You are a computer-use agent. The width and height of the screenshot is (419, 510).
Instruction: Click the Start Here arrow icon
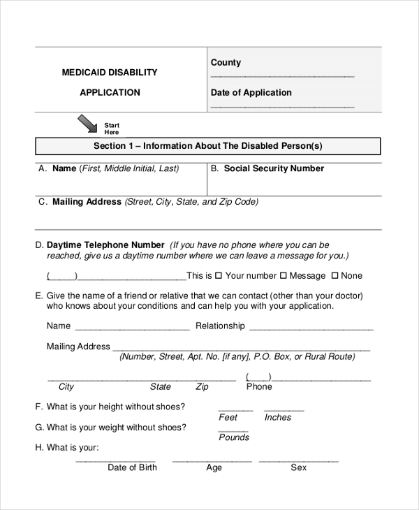88,124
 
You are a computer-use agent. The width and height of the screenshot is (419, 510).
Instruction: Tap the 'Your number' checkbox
219,276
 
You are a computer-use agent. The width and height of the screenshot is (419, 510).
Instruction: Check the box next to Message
282,276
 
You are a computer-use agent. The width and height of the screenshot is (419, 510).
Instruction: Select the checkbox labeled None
335,276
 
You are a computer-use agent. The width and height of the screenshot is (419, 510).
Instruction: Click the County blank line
282,76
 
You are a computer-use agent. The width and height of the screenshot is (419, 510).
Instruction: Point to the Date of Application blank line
282,106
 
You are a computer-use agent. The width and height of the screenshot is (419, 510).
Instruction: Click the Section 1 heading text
208,146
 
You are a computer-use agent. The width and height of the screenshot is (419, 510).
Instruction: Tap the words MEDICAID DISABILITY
110,73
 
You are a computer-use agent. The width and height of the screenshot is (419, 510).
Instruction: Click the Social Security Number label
274,168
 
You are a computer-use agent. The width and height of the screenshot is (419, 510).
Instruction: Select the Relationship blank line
311,328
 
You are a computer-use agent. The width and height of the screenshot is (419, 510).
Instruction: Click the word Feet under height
228,417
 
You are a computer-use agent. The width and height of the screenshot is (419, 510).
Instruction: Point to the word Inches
278,417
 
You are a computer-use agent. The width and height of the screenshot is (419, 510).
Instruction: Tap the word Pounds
234,437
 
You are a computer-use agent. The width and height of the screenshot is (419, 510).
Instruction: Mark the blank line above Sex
298,461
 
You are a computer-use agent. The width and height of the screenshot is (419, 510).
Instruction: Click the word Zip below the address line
202,386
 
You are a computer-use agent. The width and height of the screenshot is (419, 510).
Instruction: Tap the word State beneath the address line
161,386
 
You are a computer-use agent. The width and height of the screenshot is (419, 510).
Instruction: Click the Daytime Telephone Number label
105,245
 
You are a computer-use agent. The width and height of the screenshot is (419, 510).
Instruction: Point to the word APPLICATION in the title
110,92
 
